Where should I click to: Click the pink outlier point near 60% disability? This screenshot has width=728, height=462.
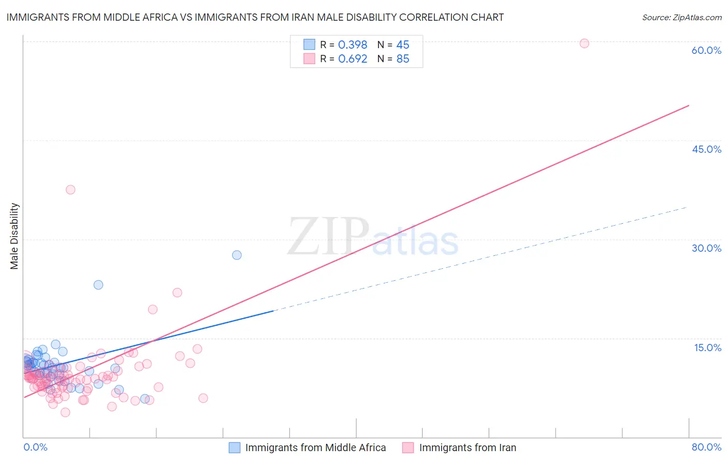(584, 44)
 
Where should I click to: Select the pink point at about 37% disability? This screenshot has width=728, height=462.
(70, 190)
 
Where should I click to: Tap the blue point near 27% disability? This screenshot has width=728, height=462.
(237, 255)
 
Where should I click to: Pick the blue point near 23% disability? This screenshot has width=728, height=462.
(98, 285)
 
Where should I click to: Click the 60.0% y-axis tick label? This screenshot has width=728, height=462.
(706, 50)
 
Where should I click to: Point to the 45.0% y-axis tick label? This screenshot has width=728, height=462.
(706, 149)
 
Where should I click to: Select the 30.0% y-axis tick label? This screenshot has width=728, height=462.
(706, 248)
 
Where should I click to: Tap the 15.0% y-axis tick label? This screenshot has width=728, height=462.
(707, 348)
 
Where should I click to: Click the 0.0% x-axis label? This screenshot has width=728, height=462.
(35, 447)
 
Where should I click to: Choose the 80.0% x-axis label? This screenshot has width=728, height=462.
(706, 447)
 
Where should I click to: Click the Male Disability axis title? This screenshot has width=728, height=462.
(14, 236)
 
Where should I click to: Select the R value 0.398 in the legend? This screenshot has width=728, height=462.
(353, 45)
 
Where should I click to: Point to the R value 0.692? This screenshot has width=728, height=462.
(353, 59)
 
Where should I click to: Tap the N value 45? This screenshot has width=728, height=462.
(403, 45)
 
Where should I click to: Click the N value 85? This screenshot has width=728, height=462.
(403, 59)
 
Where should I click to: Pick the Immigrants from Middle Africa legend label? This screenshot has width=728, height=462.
(315, 447)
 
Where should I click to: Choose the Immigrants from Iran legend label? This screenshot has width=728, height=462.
(467, 447)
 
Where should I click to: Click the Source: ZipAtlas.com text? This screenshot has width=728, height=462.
(681, 18)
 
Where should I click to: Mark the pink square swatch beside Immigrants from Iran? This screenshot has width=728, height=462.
(408, 447)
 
